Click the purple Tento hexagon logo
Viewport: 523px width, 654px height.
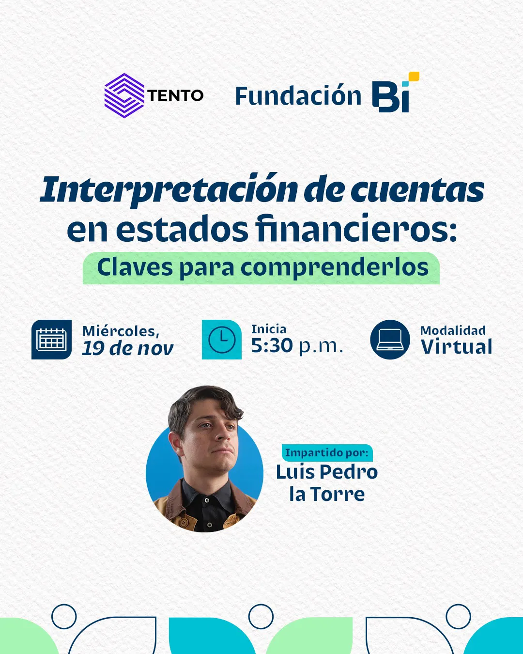pos(124,95)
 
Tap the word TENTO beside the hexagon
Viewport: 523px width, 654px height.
pos(175,96)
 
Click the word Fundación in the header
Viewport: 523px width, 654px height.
pos(298,96)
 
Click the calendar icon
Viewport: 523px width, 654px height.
pos(51,340)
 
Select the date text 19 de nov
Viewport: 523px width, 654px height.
pos(127,348)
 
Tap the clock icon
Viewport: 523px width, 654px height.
pos(221,340)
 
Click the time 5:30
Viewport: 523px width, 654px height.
pos(272,346)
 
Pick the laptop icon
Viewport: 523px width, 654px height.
pos(390,340)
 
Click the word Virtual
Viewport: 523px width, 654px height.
pos(456,347)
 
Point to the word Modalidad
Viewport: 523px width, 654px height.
pos(453,330)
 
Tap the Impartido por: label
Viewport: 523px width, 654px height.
pos(327,453)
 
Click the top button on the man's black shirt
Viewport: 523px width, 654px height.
pos(206,499)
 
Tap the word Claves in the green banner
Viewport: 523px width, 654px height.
pos(135,267)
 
